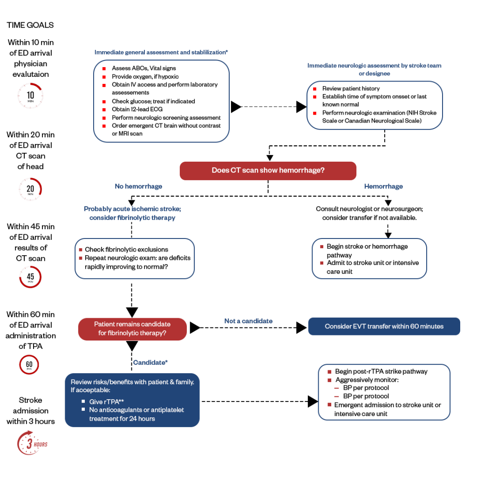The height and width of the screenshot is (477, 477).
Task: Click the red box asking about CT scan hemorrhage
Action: click(x=268, y=170)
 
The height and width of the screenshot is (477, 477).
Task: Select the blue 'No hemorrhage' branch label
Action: click(x=138, y=186)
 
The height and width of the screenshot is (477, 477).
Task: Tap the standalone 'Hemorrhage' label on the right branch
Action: click(x=383, y=186)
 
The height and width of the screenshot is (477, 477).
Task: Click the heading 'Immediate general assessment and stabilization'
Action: click(x=161, y=53)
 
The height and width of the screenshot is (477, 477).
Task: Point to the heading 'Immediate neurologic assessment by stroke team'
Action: click(x=374, y=66)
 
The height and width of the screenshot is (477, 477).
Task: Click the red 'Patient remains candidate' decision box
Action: click(x=132, y=329)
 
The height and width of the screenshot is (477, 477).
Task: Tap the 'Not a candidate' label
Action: click(x=248, y=321)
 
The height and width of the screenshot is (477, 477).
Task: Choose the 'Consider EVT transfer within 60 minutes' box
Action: click(x=384, y=327)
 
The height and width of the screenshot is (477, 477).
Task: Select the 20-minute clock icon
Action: click(x=30, y=189)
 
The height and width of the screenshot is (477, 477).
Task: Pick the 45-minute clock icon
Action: click(x=30, y=278)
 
